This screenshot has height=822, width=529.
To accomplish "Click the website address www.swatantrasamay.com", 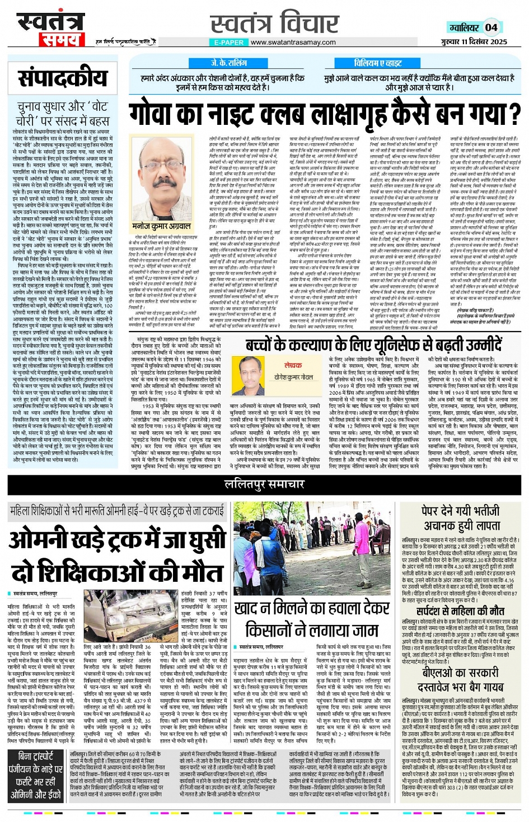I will (x=293, y=42).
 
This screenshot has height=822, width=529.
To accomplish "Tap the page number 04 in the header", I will (x=491, y=27).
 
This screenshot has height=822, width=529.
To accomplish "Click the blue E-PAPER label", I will (x=228, y=42).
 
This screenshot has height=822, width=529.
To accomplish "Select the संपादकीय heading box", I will (x=62, y=78).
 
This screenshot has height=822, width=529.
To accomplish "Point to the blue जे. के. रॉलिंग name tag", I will (x=228, y=63).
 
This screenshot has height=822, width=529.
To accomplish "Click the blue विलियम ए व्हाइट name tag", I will (x=378, y=63).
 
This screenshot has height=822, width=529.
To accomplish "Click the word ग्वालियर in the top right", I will (x=464, y=27).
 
